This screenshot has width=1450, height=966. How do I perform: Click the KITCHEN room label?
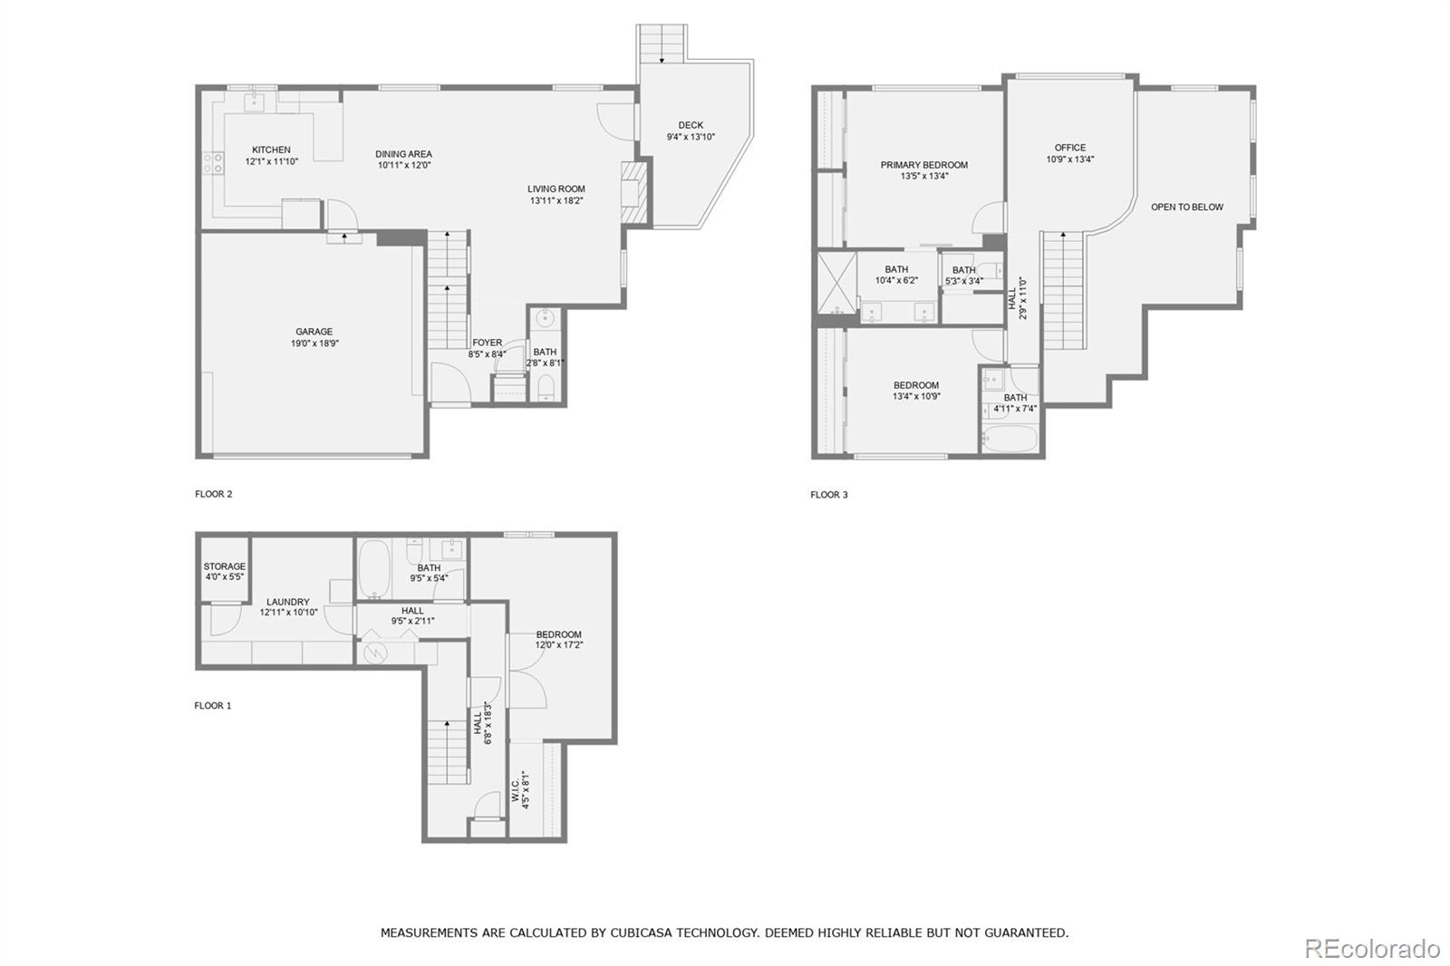(271, 150)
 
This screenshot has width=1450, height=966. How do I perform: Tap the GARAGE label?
(314, 332)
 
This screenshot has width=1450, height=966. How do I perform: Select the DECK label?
(691, 125)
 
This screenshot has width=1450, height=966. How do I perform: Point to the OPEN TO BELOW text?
(1186, 208)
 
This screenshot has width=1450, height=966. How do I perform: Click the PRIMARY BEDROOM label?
(923, 165)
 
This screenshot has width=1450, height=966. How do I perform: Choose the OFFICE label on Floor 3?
(1070, 148)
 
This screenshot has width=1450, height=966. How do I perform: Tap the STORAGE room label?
(225, 565)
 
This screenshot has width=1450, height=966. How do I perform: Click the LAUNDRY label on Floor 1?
(288, 602)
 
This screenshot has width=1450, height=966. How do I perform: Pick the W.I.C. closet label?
(516, 790)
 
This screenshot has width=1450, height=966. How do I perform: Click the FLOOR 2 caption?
(214, 494)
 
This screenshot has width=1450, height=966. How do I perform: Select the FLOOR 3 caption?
(828, 495)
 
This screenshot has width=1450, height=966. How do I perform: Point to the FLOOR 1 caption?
(212, 706)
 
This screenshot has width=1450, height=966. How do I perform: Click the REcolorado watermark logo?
(1372, 949)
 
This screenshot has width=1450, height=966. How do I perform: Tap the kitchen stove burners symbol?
(213, 163)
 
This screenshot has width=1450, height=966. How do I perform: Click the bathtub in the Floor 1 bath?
(374, 569)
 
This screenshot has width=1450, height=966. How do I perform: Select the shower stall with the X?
(836, 283)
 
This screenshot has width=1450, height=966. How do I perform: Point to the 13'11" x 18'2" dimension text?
(556, 200)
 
